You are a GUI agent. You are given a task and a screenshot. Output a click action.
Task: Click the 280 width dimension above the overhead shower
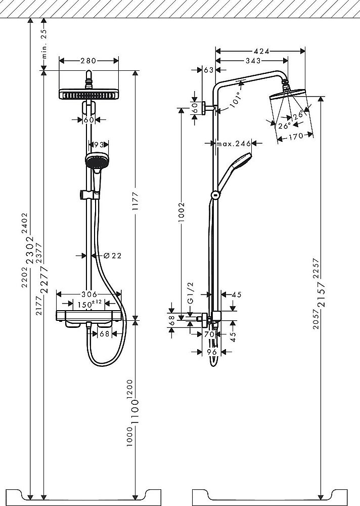pos(88,61)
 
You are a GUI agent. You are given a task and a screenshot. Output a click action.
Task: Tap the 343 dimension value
pos(253,61)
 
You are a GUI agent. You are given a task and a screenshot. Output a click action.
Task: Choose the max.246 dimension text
pos(234,144)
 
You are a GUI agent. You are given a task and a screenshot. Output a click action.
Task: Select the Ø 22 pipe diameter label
pos(112,256)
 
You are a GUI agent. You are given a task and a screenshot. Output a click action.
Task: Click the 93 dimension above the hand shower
pos(99,145)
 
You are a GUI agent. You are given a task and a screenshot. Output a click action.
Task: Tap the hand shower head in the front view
pos(94,161)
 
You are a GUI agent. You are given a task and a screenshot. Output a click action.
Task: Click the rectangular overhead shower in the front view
pos(89,94)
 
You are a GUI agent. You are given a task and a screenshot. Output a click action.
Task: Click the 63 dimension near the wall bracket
pos(208,70)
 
